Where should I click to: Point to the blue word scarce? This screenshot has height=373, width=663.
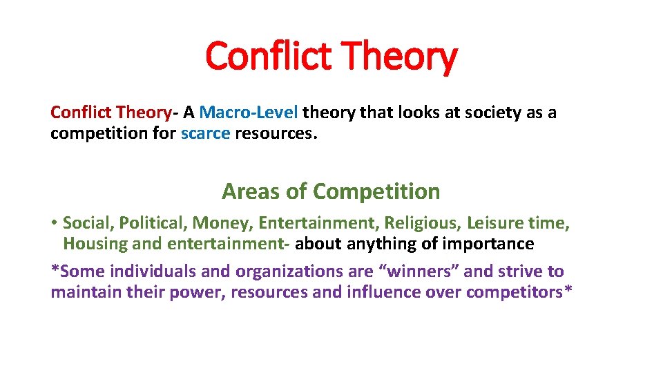pyautogui.click(x=205, y=133)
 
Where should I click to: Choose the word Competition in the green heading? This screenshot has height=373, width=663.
pyautogui.click(x=376, y=191)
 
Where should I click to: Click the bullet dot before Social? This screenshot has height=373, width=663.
pyautogui.click(x=55, y=223)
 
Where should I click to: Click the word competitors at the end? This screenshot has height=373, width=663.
pyautogui.click(x=515, y=292)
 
